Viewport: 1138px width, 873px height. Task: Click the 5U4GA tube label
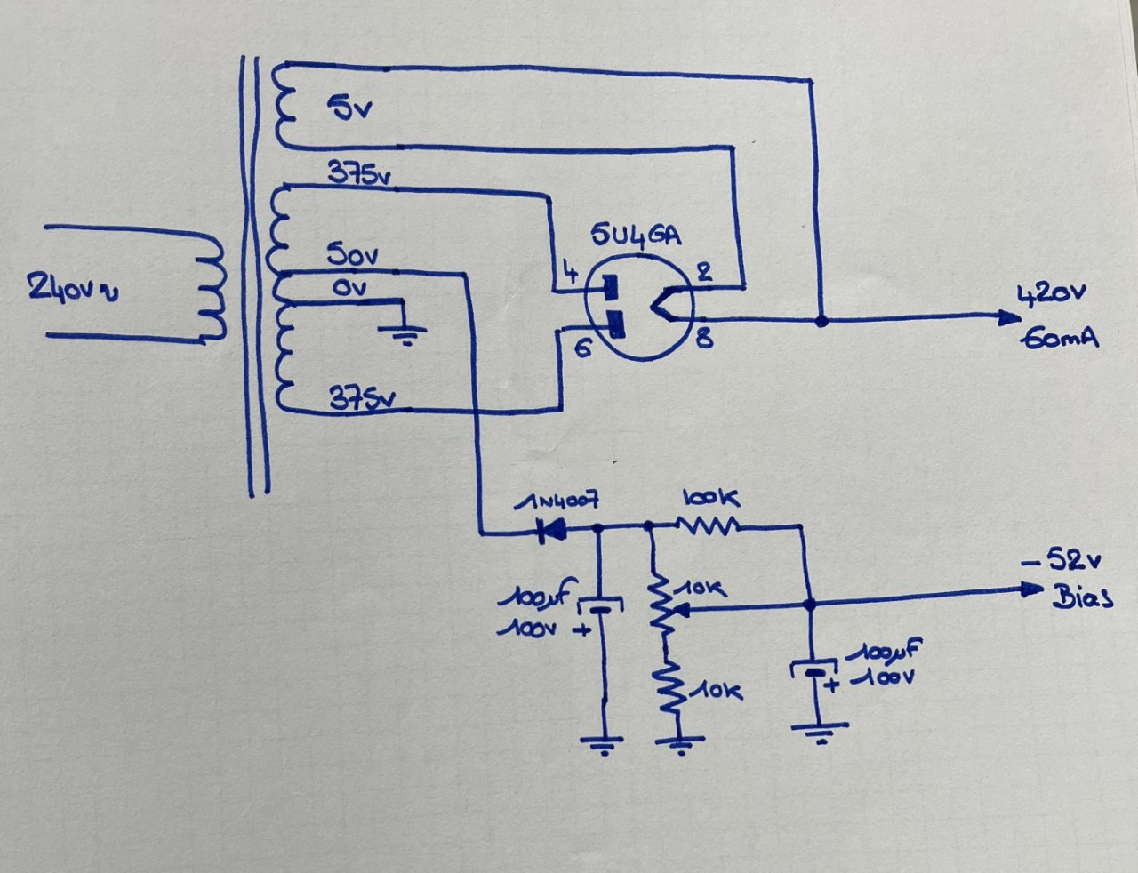coord(637,237)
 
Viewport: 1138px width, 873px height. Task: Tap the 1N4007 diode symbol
coord(552,533)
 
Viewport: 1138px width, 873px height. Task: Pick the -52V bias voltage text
coord(1062,561)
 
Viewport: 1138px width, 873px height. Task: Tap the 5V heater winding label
coord(349,109)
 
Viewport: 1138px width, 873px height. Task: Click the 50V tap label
coord(353,256)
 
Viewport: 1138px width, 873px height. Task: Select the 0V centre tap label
coord(349,288)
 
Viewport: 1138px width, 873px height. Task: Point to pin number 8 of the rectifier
coord(703,338)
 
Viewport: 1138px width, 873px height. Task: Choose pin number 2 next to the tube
coord(703,272)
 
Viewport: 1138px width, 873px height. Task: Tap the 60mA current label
coord(1060,339)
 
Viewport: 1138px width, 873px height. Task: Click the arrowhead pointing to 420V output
coord(1008,317)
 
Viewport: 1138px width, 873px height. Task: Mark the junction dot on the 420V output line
coord(821,320)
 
